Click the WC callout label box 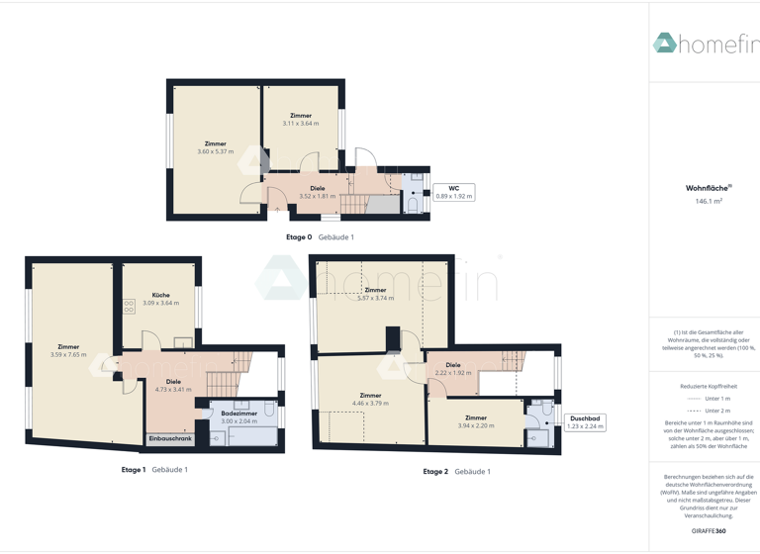coord(454,192)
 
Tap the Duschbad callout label coord(584,422)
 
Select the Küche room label coord(161,295)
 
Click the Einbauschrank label coord(170,438)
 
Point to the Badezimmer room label coord(238,414)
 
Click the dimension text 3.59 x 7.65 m coord(68,354)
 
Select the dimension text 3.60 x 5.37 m coord(215,151)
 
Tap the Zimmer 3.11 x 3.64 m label coord(301,120)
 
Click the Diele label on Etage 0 coord(317,188)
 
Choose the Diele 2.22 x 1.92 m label coord(453,369)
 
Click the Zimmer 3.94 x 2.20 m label coord(475,421)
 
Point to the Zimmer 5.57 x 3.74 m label coord(375,294)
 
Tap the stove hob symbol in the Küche coord(130,308)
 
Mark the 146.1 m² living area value coord(709,201)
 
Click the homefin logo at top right coord(705,44)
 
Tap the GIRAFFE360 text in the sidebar coord(708,531)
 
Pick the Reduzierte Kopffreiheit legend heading coord(709,386)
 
